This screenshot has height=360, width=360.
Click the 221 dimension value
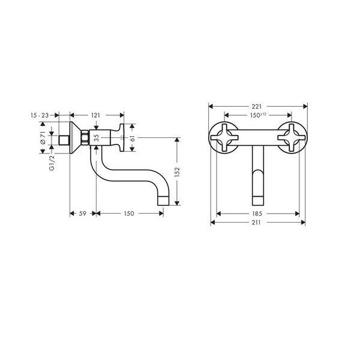tap(257, 107)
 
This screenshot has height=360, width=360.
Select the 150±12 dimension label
tap(258, 115)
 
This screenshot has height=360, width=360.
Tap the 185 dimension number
tap(257, 214)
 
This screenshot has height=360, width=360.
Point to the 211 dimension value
tap(256, 223)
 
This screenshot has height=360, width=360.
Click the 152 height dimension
tap(177, 172)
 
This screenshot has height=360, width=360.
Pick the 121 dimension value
tap(95, 115)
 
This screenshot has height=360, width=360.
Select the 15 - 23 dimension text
tap(40, 115)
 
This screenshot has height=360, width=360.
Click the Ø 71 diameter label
tap(43, 137)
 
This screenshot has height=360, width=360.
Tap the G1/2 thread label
tap(52, 163)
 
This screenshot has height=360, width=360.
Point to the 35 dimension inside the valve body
tap(97, 138)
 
